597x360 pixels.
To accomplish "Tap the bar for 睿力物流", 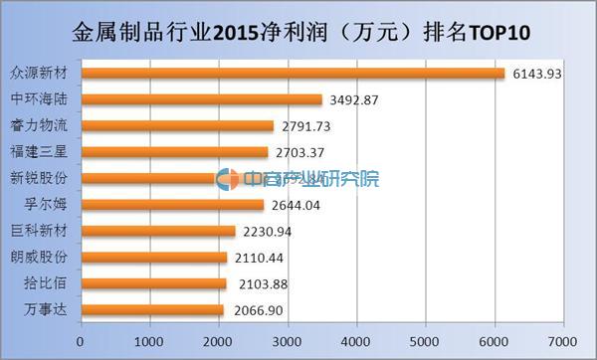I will pos(177,126).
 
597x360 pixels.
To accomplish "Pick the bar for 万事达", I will pos(151,310).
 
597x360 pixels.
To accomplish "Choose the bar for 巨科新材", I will pos(157,232).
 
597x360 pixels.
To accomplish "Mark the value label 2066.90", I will pos(257,311).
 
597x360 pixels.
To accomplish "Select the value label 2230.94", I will pos(268,232).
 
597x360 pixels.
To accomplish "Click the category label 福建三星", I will pos(40,152).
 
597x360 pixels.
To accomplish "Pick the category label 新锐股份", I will pos(40,179).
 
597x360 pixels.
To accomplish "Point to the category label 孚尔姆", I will pos(46,205).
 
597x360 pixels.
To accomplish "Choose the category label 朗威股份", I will pos(40,258).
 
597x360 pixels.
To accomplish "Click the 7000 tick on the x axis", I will pos(563,339).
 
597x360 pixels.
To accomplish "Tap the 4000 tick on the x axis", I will pos(356,339).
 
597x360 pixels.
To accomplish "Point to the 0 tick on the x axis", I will pos(80,339).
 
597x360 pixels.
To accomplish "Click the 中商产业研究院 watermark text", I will pos(309,180).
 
